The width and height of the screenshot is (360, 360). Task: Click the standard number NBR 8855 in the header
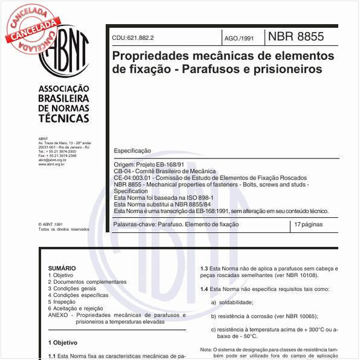(296, 36)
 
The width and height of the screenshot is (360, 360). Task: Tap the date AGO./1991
(240, 38)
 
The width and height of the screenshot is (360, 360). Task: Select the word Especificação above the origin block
(133, 151)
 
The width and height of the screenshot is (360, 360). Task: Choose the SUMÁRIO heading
(62, 267)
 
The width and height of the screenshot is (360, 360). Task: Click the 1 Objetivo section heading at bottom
(62, 342)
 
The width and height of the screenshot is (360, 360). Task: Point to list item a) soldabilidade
(232, 302)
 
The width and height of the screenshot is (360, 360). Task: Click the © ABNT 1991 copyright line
(50, 224)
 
